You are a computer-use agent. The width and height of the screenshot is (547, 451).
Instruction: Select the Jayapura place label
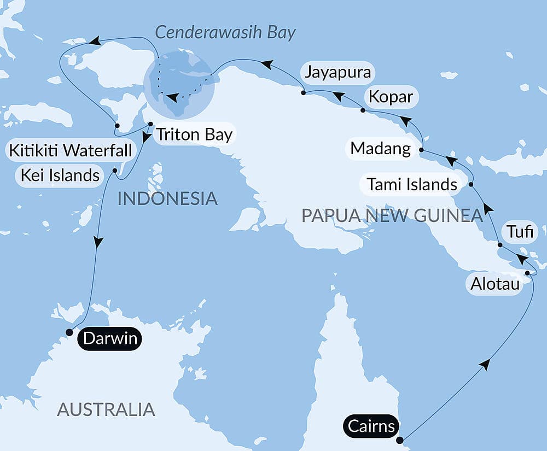coord(338,72)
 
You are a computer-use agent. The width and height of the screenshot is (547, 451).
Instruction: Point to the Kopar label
coord(391,98)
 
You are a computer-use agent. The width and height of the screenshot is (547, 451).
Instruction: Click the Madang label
coord(381,148)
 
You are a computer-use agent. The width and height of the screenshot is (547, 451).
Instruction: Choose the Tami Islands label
coord(412,184)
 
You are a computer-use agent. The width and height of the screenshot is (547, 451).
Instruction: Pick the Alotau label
coord(494,284)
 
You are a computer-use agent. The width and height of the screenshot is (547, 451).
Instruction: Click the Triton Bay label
coord(194,134)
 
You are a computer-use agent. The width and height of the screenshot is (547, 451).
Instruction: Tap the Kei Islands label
coord(60,175)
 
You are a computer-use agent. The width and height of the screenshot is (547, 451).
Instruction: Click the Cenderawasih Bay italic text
coord(225,32)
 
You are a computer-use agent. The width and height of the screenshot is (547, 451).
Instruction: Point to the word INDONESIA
coord(167,198)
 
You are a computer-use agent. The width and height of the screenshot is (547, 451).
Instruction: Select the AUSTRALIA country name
coord(106,409)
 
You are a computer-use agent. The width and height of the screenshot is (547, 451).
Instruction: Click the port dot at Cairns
coord(400,440)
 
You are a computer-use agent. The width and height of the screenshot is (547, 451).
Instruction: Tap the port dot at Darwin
coord(69,332)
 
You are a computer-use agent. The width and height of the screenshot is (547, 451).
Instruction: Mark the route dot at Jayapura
coord(303,93)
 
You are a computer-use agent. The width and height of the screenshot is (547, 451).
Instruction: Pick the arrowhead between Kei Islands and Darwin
coord(97,242)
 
